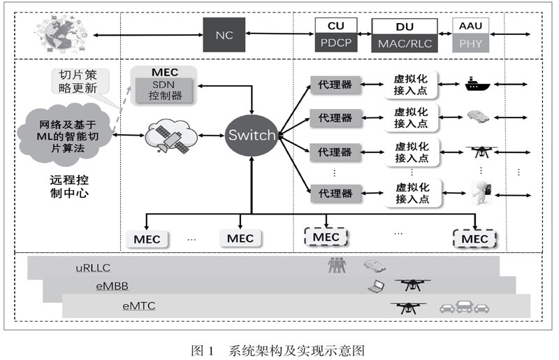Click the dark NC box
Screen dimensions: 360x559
click(225, 34)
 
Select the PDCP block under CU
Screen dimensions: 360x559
click(335, 43)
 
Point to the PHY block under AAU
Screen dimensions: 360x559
click(471, 43)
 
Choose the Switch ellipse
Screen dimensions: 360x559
click(251, 135)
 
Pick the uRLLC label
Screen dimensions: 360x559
click(93, 267)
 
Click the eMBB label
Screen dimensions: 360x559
click(112, 286)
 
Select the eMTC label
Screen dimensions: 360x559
click(140, 305)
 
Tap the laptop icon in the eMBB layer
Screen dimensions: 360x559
click(377, 285)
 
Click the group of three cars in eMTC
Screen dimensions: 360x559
click(464, 306)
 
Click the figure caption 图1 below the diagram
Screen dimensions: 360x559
click(278, 350)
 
